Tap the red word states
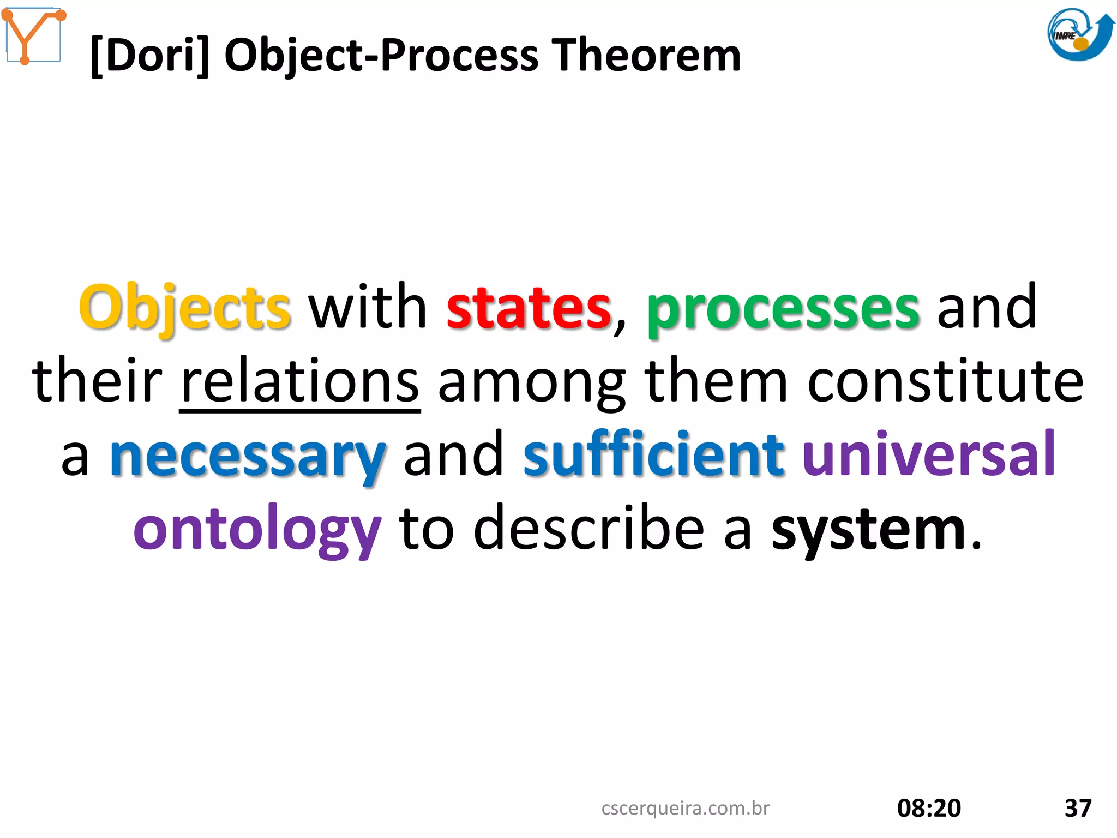coord(529,308)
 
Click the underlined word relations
coord(299,382)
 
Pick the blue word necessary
coord(248,456)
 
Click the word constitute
coord(945,382)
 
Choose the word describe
coord(588,529)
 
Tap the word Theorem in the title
coord(646,56)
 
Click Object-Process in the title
coord(381,56)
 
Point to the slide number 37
coord(1078,808)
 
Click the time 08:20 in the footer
coord(929,808)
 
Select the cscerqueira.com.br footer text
coord(685,808)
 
